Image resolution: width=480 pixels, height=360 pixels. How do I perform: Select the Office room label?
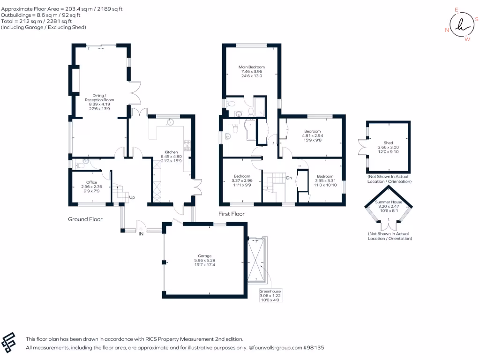click(x=91, y=182)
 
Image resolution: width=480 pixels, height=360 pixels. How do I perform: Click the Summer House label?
click(x=389, y=202)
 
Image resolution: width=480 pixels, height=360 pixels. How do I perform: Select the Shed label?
click(x=388, y=142)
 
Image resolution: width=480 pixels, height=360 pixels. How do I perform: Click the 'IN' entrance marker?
click(x=141, y=233)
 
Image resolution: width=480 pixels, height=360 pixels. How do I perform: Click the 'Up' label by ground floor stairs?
click(x=132, y=197)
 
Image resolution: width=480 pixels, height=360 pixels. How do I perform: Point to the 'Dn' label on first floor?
click(x=289, y=178)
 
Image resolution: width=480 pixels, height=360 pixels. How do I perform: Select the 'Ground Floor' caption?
click(x=85, y=219)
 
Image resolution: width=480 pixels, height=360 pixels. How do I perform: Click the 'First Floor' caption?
click(x=232, y=214)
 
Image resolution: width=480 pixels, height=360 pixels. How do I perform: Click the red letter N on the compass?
click(x=447, y=30)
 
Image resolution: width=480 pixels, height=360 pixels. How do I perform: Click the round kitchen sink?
click(x=171, y=122)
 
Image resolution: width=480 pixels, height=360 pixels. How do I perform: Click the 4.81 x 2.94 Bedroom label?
click(x=312, y=131)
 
